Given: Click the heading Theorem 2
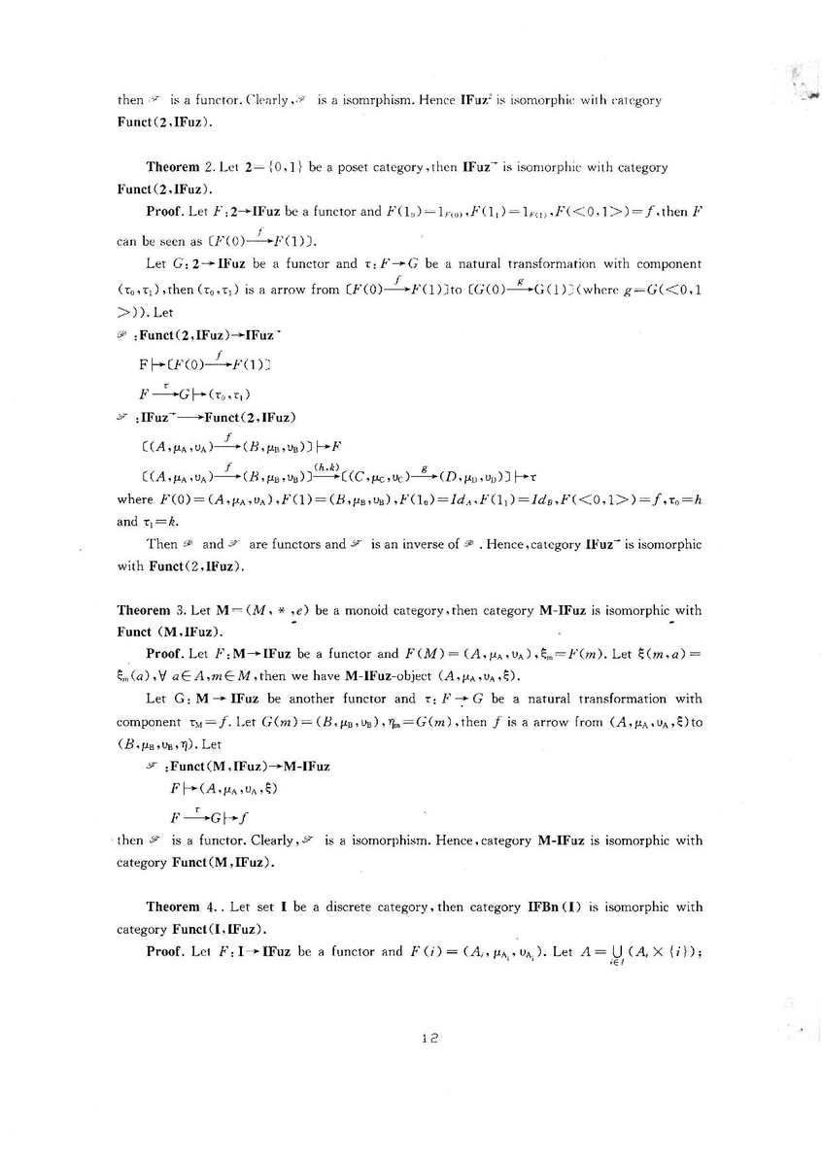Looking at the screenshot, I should coord(179,167).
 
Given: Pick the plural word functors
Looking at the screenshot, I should coord(291,544).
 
